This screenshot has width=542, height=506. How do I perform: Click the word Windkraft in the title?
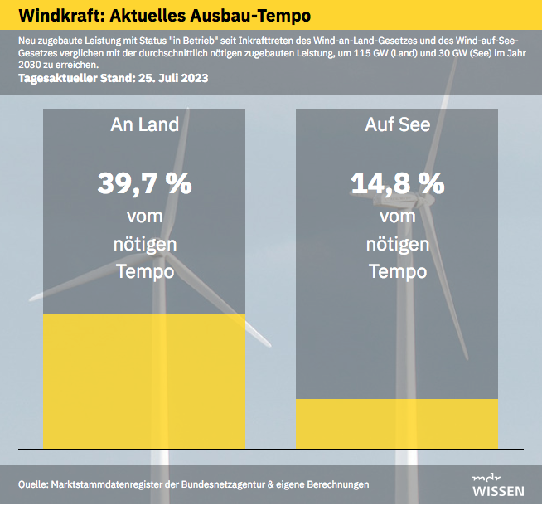click(x=61, y=16)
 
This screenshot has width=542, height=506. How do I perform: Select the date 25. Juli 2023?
click(x=173, y=78)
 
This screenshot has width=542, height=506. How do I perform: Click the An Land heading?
click(x=144, y=124)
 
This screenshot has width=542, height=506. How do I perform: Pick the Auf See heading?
click(x=398, y=124)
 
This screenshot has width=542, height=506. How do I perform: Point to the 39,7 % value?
click(x=144, y=183)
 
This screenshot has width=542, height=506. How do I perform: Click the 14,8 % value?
click(x=398, y=183)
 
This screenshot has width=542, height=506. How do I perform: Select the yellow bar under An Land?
click(x=144, y=382)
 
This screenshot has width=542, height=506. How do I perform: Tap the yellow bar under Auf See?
click(x=397, y=424)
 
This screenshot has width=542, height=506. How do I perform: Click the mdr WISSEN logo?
click(x=498, y=486)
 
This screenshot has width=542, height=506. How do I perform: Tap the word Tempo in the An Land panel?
click(x=145, y=271)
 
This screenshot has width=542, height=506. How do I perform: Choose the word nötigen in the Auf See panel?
click(x=398, y=245)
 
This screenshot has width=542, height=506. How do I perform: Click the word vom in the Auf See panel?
click(x=398, y=217)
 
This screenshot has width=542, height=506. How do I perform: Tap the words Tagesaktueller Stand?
click(x=77, y=78)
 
